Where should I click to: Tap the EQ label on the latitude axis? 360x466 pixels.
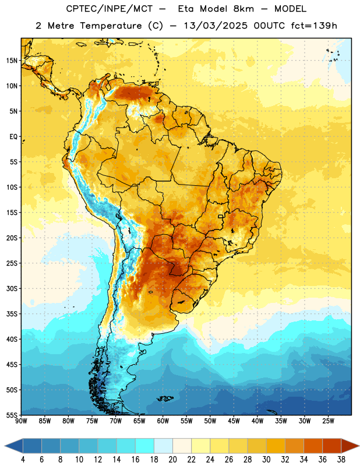pos(14,137)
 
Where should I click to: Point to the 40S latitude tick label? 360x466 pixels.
pos(12,339)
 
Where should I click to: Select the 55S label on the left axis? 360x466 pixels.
pos(12,415)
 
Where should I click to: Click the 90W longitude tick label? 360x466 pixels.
pos(21,421)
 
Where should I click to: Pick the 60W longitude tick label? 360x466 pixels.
pos(163,421)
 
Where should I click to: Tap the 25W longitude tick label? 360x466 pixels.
pos(328,421)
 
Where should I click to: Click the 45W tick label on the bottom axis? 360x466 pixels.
pos(234,421)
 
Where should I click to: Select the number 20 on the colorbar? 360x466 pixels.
pos(172,460)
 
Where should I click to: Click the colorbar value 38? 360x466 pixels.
pos(341,460)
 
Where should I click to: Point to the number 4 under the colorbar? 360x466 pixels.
pos(23,460)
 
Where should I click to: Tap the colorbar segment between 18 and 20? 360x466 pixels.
pos(164,446)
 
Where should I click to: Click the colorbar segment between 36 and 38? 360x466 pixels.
pos(332,446)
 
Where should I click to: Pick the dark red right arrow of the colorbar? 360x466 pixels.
pos(350,446)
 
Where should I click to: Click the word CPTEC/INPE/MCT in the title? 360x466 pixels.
pos(110,9)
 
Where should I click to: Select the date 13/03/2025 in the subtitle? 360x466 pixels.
pos(216,26)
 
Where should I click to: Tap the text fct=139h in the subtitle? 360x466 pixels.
pos(314,26)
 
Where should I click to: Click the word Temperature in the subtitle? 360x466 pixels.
pos(111,26)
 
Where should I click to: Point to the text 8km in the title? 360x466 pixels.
pos(243,9)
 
